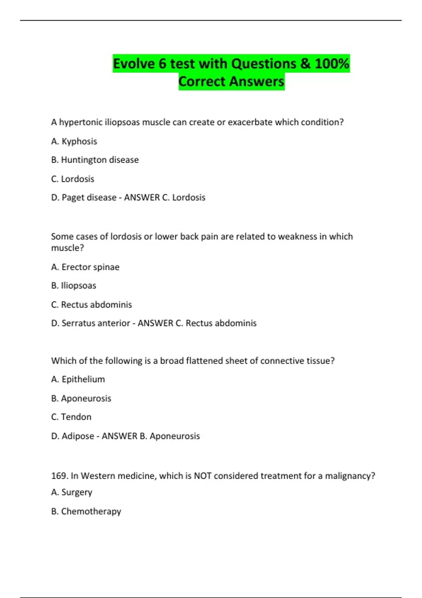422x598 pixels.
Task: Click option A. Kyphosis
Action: pos(74,141)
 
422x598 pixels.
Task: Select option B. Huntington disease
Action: pos(95,160)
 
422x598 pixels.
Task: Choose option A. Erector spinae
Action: pos(85,267)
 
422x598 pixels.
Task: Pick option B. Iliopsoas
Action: pos(73,286)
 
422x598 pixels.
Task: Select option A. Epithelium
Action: pos(78,379)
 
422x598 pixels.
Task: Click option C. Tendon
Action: pos(71,417)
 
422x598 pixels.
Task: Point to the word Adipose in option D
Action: pos(78,436)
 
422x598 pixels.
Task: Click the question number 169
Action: pos(59,476)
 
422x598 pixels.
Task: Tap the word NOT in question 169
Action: pos(202,476)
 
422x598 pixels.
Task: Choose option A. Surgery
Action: pos(71,492)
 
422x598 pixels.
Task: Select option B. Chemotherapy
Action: pos(86,511)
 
